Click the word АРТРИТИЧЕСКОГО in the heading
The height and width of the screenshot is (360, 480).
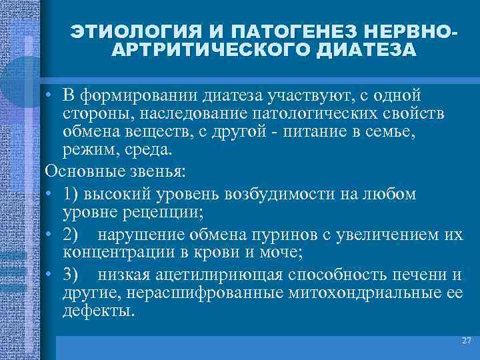(206, 51)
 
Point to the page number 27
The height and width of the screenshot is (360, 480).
(466, 341)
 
